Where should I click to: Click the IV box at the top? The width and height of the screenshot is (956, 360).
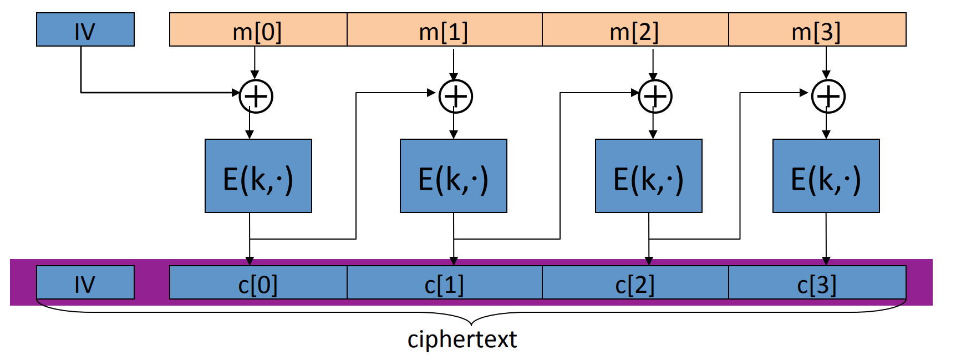pos(85,30)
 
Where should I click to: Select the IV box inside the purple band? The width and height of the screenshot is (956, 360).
pos(85,283)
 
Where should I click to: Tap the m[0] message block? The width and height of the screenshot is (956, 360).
pos(258,30)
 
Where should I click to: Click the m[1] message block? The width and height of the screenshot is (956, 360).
pos(444,30)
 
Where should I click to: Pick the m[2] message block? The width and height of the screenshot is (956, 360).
pos(635,30)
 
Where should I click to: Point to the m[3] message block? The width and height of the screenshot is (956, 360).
pos(817,30)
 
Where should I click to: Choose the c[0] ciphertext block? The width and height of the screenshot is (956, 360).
pos(258,283)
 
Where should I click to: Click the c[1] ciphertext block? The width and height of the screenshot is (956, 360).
pos(444,283)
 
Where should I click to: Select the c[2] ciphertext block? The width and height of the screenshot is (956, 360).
pos(635,283)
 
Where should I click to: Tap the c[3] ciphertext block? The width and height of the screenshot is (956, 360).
pos(817,283)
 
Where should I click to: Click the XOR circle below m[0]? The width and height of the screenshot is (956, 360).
pos(256,97)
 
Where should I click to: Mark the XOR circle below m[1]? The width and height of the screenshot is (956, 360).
pos(456,97)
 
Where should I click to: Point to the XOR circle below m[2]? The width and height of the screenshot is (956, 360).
pos(655,97)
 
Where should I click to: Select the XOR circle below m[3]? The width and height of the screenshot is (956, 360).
pos(828,97)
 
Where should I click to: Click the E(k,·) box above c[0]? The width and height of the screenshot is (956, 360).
pos(258,176)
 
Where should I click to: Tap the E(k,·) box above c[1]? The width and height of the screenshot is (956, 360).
pos(454,176)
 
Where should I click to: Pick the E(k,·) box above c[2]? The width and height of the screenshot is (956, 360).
pos(649,176)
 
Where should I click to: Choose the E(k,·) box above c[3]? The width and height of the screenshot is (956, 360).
pos(826,176)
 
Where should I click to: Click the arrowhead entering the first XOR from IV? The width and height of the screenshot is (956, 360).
pos(236,93)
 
